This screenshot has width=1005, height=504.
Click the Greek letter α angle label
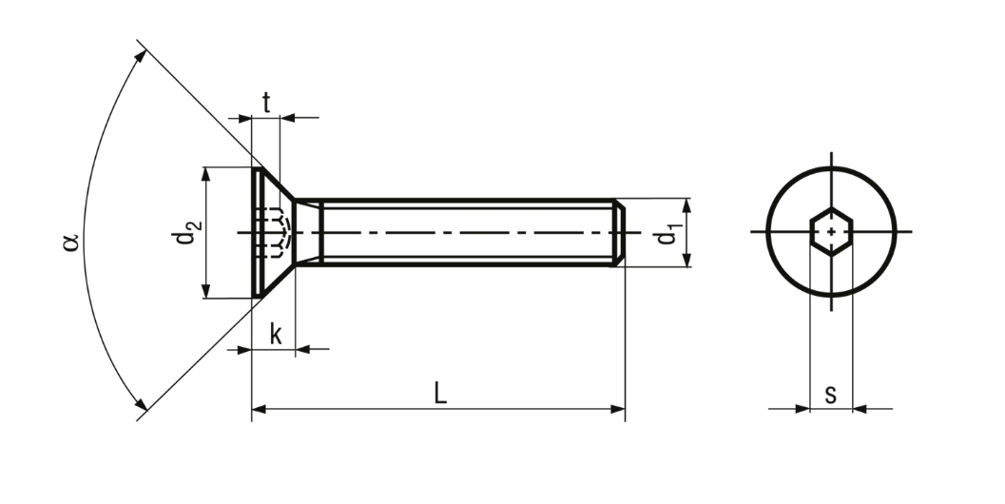tap(70, 242)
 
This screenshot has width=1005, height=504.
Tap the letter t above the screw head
tap(266, 103)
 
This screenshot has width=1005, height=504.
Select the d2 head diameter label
tap(185, 233)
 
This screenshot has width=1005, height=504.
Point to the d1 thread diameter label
tap(667, 234)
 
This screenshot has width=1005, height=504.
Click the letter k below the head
tap(276, 334)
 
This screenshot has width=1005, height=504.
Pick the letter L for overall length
tap(439, 393)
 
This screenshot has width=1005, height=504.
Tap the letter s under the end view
tap(831, 395)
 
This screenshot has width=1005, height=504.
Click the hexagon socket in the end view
tap(831, 231)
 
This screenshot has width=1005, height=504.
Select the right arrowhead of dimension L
tap(617, 409)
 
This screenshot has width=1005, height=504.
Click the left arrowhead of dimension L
tap(259, 409)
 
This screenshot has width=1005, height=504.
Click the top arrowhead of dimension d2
tap(205, 175)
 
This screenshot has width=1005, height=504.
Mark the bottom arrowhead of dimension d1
tap(686, 259)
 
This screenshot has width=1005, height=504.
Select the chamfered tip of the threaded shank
tap(619, 232)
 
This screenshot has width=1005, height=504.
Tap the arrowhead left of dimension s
tap(802, 409)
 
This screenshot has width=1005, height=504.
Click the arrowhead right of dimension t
tap(288, 118)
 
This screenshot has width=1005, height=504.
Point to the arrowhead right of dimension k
tap(303, 349)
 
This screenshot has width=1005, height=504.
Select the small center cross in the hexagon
tap(831, 231)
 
